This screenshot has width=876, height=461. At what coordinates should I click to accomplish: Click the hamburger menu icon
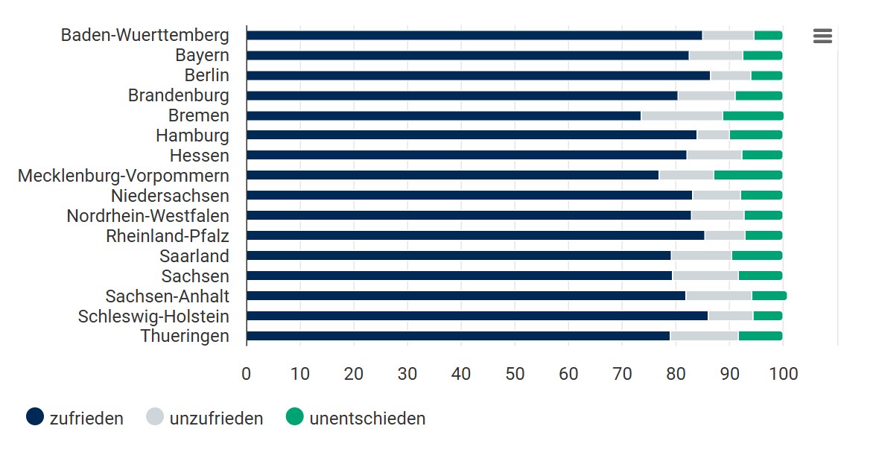pos(822,36)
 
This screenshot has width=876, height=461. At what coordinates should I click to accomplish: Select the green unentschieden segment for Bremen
pos(753,115)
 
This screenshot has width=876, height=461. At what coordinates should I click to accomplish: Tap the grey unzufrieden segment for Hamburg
pos(713,135)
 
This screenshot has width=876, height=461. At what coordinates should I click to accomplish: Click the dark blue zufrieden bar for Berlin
pos(477,75)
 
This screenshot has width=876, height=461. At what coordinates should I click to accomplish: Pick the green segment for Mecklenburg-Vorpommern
pos(748,175)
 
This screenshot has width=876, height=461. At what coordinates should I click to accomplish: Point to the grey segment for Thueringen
pos(704,336)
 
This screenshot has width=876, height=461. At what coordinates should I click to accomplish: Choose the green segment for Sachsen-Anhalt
pos(769,296)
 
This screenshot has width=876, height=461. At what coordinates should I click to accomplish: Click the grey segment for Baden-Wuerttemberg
pos(728,35)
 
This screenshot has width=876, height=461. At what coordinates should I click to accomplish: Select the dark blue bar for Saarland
pos(458,255)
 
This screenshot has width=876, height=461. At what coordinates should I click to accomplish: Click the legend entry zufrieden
pos(74,418)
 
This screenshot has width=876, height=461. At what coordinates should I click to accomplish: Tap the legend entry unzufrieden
pos(204,418)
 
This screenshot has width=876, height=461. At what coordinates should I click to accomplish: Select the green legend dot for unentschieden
pos(295,417)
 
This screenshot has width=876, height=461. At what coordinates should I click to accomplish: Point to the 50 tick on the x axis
pos(515,373)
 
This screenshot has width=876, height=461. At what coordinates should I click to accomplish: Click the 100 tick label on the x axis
pos(782,373)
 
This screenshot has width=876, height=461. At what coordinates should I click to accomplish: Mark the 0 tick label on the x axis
pos(247,373)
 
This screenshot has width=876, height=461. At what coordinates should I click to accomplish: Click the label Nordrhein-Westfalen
pos(147,216)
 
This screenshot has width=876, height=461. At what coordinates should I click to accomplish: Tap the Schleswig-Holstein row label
pos(153,317)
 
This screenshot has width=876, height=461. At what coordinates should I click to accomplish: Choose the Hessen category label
pos(199,156)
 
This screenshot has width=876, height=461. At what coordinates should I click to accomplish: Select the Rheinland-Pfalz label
pos(167,236)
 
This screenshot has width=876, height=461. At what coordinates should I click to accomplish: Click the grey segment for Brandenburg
pos(706,95)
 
